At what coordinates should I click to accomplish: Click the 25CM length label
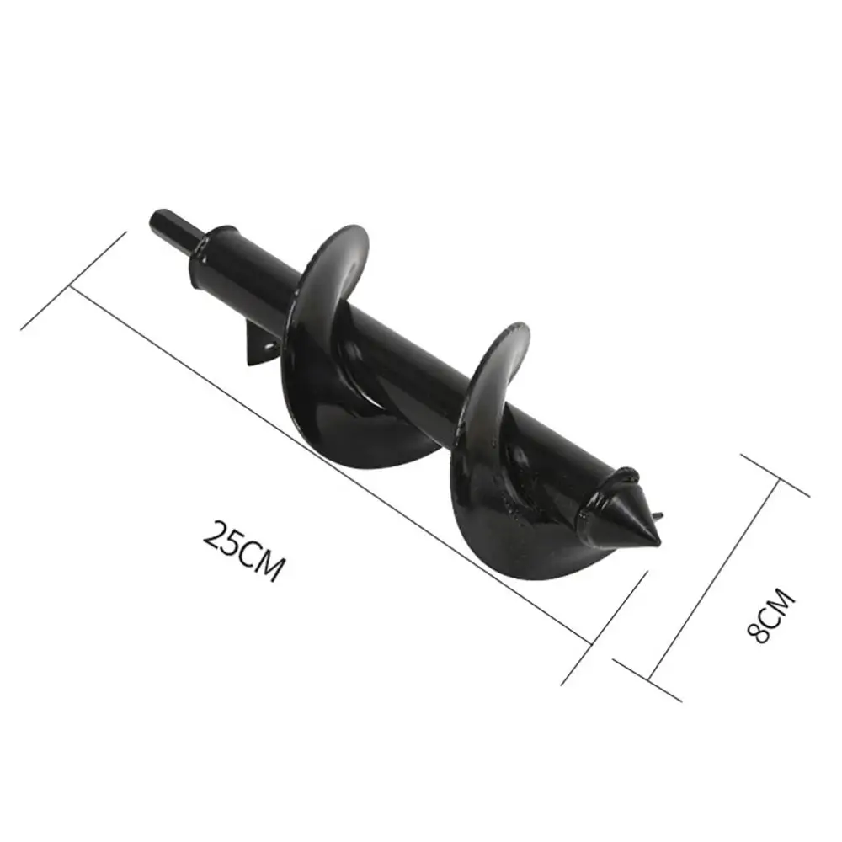pyautogui.click(x=242, y=551)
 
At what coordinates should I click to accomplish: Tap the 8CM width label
pyautogui.click(x=771, y=616)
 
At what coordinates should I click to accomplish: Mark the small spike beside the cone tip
pyautogui.click(x=658, y=518)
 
